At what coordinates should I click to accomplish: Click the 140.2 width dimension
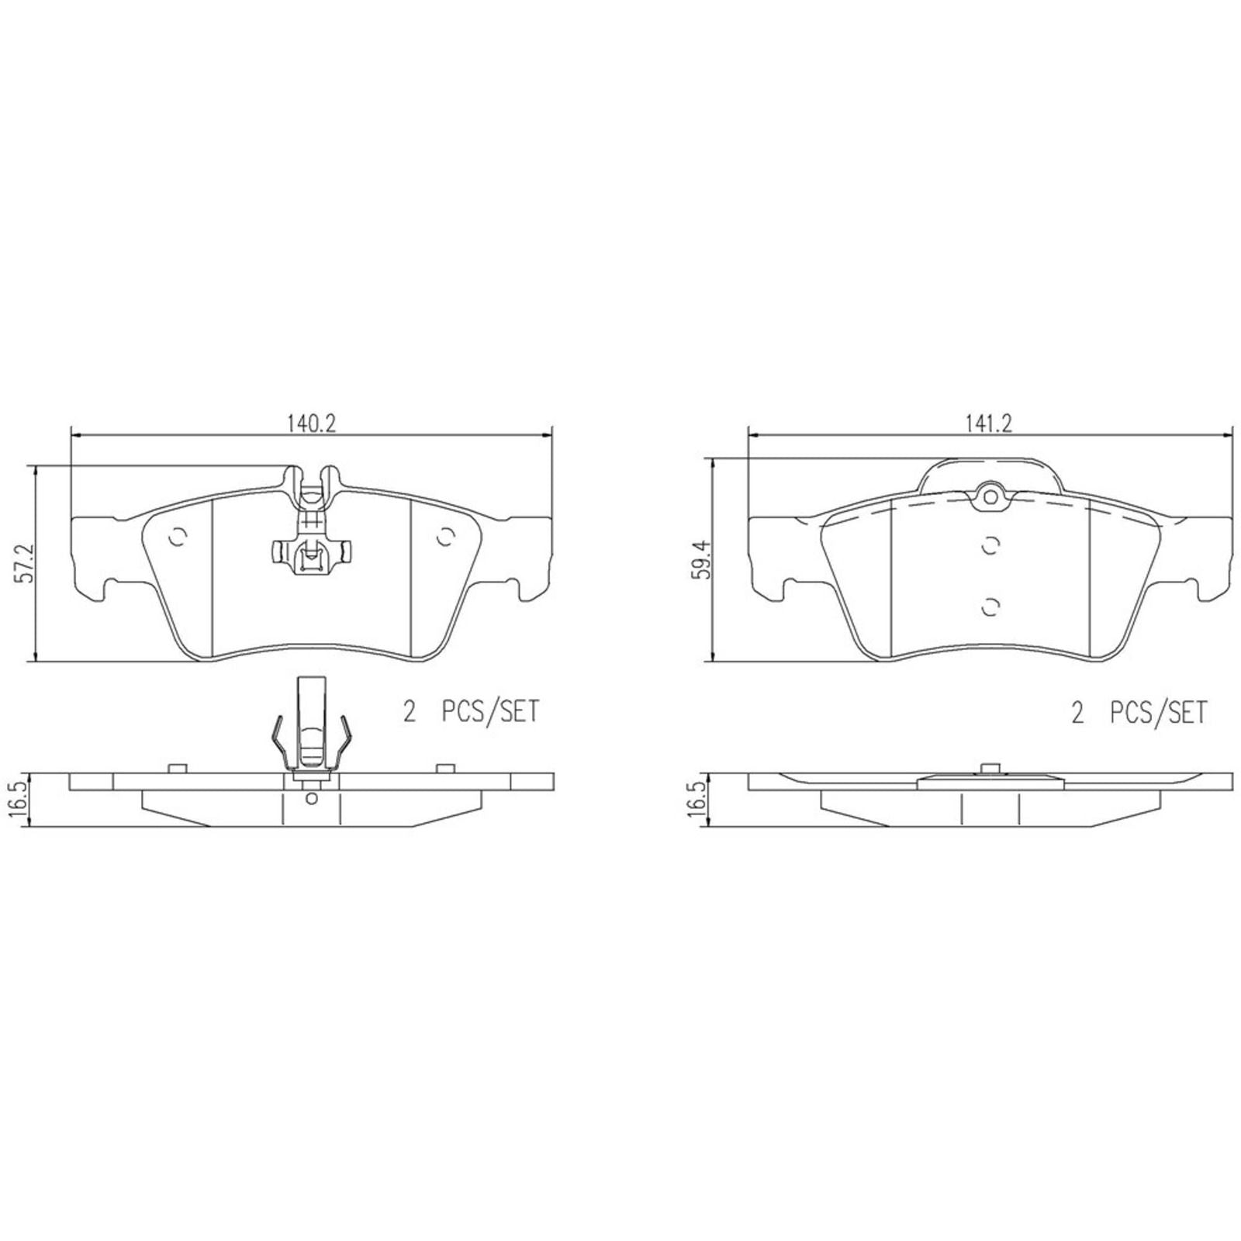(311, 423)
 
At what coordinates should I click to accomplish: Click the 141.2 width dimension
(989, 423)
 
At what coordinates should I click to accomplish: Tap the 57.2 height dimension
(25, 563)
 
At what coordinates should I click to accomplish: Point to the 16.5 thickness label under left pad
(21, 799)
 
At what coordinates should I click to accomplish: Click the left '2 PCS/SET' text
(470, 711)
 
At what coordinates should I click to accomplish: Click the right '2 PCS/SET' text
(1139, 711)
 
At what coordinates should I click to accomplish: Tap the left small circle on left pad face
(178, 537)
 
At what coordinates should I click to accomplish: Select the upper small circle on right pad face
(989, 546)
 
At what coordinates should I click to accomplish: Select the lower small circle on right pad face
(989, 607)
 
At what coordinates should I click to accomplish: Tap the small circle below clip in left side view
(311, 797)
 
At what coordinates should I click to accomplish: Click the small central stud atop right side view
(989, 768)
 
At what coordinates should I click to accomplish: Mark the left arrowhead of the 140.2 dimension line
(74, 437)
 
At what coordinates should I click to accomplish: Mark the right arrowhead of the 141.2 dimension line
(1229, 437)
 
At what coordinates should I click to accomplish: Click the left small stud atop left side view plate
(178, 768)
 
